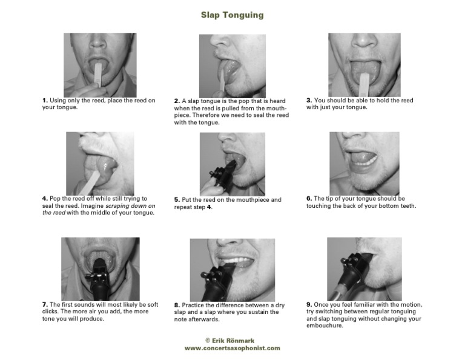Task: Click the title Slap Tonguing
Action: click(232, 15)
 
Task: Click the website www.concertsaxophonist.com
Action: click(232, 348)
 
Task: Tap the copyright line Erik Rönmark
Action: click(230, 341)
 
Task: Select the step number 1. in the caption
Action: click(45, 101)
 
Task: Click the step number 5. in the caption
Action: click(177, 200)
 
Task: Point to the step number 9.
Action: click(309, 304)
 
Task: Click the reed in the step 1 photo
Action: click(98, 73)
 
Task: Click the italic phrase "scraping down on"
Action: click(131, 205)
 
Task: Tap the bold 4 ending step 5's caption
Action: click(209, 207)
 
